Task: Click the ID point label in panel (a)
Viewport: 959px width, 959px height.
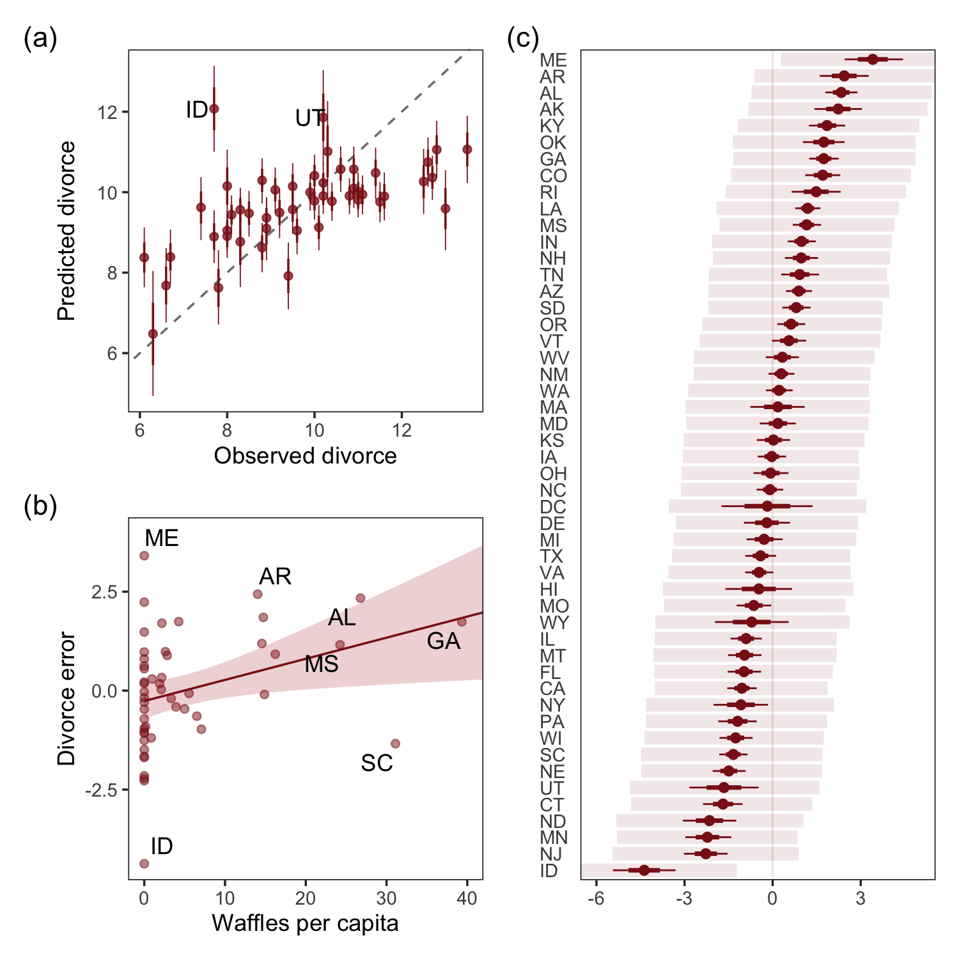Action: point(197,110)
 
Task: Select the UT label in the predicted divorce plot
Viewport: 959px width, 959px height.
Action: point(309,118)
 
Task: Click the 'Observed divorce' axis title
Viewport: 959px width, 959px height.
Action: point(305,456)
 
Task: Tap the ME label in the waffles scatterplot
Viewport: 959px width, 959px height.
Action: point(162,538)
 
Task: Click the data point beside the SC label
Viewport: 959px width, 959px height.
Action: point(395,744)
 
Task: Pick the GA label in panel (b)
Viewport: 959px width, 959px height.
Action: point(444,641)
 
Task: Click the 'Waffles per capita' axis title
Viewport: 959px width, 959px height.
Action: point(305,923)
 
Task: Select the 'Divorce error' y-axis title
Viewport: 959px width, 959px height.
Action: point(66,699)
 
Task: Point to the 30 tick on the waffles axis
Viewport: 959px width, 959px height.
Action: point(386,898)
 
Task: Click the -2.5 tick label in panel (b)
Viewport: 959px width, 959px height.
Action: point(102,790)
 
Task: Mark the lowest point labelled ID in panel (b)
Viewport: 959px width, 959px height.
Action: point(144,864)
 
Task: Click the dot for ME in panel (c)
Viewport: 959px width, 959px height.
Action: point(873,59)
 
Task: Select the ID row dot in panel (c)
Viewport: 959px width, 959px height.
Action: point(644,870)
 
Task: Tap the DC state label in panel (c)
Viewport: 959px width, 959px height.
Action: point(553,507)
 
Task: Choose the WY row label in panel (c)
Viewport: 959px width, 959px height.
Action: point(554,623)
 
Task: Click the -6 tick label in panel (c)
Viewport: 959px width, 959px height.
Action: point(596,899)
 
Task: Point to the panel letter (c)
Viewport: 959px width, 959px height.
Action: point(523,39)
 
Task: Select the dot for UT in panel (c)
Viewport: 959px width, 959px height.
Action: point(724,788)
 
